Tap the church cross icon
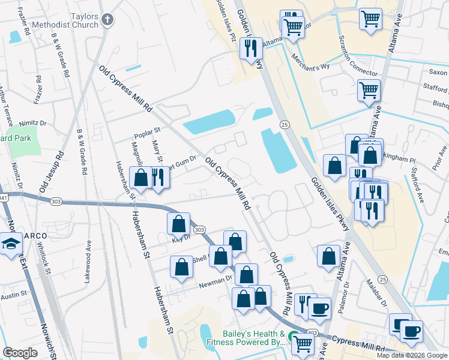pyautogui.click(x=107, y=20)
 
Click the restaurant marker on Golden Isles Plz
pyautogui.click(x=251, y=48)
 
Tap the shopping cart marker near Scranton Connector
pyautogui.click(x=369, y=91)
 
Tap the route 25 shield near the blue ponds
pyautogui.click(x=284, y=124)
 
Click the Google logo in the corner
pyautogui.click(x=20, y=352)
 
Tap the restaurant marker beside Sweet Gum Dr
pyautogui.click(x=158, y=178)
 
